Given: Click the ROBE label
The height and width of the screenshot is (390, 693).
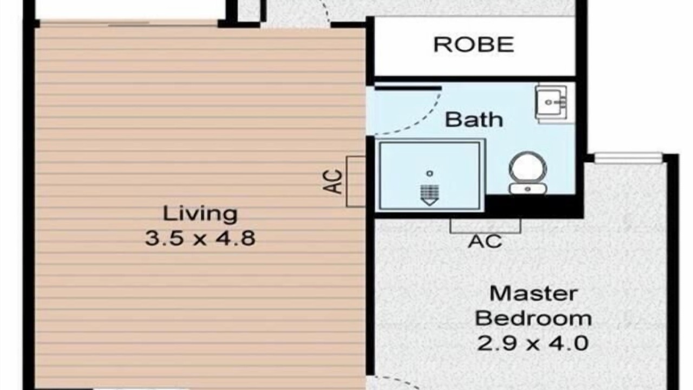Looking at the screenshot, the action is tap(474, 45).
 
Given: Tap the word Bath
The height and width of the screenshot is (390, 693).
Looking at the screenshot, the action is tap(474, 120).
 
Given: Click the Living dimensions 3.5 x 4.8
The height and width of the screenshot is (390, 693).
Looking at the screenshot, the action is tap(200, 238).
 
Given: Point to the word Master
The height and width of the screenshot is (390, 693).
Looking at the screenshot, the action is tap(534, 294).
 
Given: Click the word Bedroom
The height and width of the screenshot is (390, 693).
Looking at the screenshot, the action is tap(533, 318).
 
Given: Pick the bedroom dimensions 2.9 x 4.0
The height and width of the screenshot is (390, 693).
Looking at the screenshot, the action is tap(532, 343).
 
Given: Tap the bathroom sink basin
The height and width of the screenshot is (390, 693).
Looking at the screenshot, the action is tap(551, 102).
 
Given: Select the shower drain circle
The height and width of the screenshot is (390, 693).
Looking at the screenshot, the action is tap(430, 173).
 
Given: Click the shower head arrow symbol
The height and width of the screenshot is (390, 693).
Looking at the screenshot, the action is tap(430, 195).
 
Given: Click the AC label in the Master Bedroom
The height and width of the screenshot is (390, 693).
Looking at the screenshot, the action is tap(485, 242).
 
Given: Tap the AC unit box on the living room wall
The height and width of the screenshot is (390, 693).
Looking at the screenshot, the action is tap(356, 181).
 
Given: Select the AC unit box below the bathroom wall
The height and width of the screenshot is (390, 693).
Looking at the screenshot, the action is tap(486, 226).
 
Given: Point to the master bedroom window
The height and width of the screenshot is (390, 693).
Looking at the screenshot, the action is tap(629, 158).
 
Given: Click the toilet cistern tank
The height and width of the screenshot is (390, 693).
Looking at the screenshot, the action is tap(528, 188).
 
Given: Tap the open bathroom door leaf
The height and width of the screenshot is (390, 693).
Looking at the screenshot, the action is tap(408, 88).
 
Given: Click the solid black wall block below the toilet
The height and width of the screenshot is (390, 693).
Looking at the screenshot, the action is tap(533, 206).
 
